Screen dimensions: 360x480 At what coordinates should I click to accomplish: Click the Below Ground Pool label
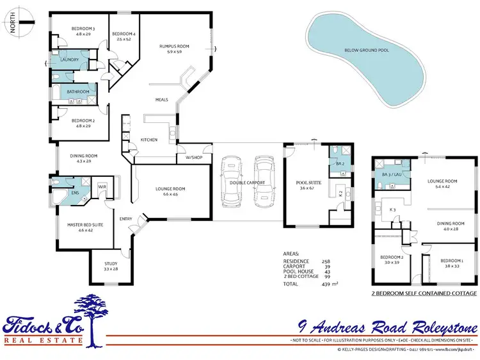366,49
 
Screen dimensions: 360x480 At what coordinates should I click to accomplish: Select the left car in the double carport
231,183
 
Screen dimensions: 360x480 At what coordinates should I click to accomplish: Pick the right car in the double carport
263,183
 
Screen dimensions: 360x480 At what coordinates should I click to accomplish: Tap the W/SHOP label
193,157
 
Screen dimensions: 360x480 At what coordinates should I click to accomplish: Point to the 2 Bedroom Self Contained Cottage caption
424,293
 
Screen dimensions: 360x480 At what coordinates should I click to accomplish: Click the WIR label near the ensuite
102,186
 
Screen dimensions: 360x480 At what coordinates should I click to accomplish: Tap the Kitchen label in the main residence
149,140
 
